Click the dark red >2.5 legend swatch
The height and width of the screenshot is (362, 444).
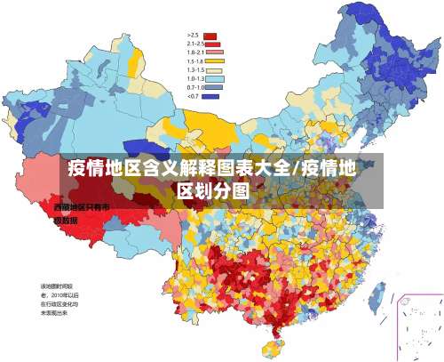point(210,35)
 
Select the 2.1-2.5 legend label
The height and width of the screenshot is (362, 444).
point(195,44)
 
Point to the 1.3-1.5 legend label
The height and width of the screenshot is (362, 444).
point(195,69)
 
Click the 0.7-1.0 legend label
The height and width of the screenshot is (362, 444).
point(195,87)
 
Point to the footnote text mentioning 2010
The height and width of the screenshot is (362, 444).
point(59,294)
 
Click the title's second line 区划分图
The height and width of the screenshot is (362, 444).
point(212,189)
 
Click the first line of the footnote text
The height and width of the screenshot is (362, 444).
point(52,285)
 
